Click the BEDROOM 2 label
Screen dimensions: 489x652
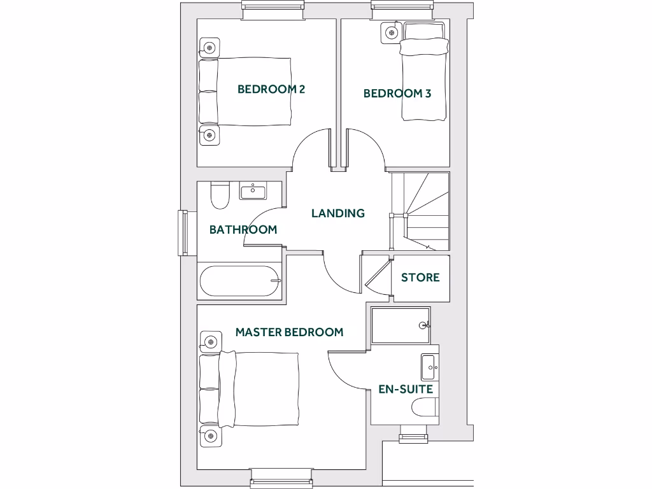(271, 89)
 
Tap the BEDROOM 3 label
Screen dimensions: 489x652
(397, 94)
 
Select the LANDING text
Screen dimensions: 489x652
(337, 213)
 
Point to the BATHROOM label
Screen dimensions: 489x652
(243, 230)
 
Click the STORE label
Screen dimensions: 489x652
(420, 278)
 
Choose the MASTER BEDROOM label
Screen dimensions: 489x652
(289, 332)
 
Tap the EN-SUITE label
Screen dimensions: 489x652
(406, 389)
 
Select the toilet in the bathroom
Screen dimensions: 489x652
(220, 197)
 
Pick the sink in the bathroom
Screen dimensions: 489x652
(253, 190)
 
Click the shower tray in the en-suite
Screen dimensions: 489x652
(400, 325)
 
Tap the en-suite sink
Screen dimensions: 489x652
(429, 367)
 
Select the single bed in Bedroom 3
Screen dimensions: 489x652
(422, 73)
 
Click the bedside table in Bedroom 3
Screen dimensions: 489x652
(392, 32)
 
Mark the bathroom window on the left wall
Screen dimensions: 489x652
(183, 232)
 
